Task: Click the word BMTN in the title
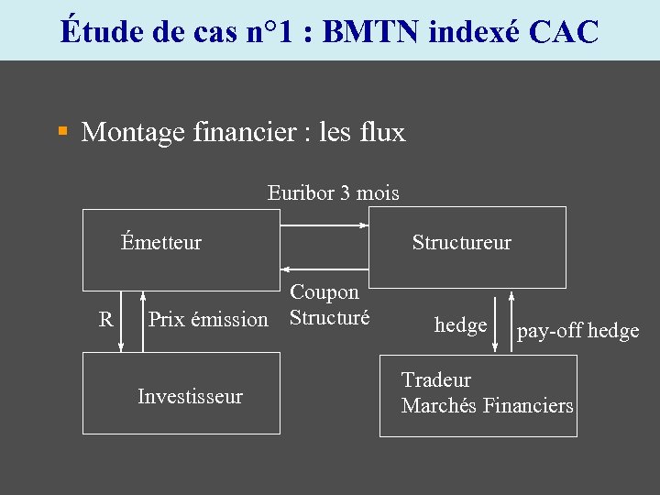(370, 31)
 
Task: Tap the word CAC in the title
(563, 31)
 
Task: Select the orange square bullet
(63, 132)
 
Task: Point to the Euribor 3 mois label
(334, 192)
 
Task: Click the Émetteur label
(161, 243)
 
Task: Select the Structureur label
(461, 243)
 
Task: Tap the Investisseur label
(190, 397)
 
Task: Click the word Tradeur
(436, 379)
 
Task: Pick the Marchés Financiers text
(487, 405)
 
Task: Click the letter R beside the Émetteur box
(106, 320)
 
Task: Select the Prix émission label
(208, 320)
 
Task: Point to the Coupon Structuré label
(329, 305)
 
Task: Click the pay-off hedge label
(577, 331)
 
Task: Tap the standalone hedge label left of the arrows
(460, 325)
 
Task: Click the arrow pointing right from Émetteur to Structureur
(324, 225)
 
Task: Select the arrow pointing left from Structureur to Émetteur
(324, 269)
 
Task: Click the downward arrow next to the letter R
(121, 321)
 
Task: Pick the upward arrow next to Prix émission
(143, 321)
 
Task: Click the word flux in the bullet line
(384, 133)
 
